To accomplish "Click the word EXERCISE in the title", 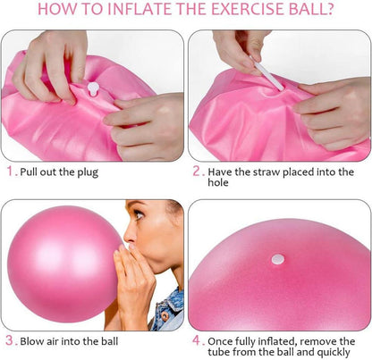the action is [248, 9].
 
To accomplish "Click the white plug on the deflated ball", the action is [93, 88].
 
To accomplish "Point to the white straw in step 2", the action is [267, 73].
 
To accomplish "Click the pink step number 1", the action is [11, 172].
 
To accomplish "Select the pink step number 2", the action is [197, 172].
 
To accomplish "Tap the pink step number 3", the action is [10, 340].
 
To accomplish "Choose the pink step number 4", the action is [197, 340].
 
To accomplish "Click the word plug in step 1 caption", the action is [88, 173].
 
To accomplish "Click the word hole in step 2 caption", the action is [218, 182].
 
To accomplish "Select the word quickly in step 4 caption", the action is [334, 353].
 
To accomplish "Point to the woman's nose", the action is [129, 235].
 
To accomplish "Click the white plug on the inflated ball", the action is [277, 259].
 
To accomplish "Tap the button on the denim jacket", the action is [164, 315].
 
